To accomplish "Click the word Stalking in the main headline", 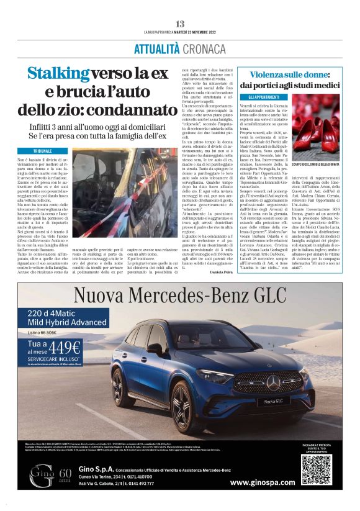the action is [58, 74].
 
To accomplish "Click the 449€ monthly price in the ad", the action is [66, 348].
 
